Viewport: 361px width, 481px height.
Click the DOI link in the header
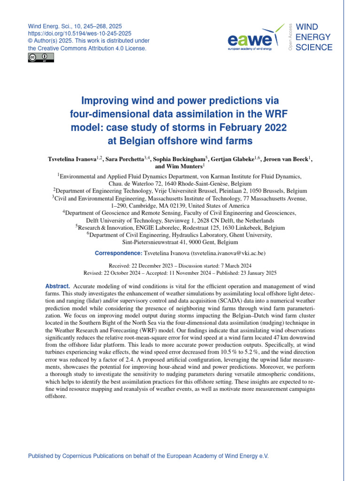pos(80,34)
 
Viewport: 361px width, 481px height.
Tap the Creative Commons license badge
pos(41,57)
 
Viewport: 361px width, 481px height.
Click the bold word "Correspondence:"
pos(118,253)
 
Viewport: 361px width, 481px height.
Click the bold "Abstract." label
pos(58,286)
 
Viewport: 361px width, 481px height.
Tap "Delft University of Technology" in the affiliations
pos(124,220)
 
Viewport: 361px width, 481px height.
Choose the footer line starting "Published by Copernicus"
pos(149,456)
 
